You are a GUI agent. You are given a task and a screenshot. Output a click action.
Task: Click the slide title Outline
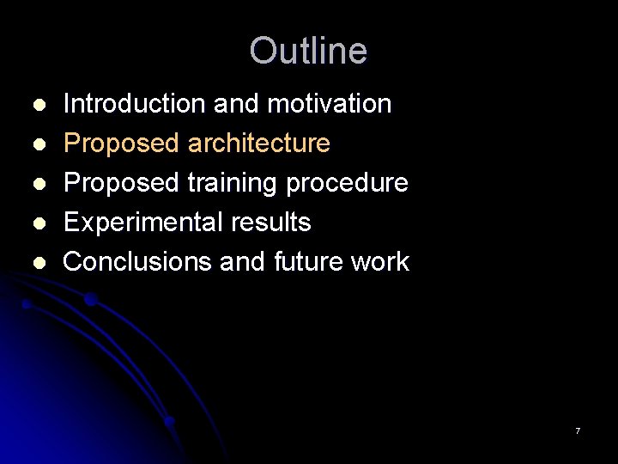(x=308, y=51)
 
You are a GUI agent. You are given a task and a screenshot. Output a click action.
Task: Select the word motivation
(x=330, y=104)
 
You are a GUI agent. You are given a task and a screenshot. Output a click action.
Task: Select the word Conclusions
(x=138, y=261)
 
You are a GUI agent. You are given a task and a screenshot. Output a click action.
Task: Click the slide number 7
(x=578, y=430)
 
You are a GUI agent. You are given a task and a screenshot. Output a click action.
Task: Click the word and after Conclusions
(x=243, y=261)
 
